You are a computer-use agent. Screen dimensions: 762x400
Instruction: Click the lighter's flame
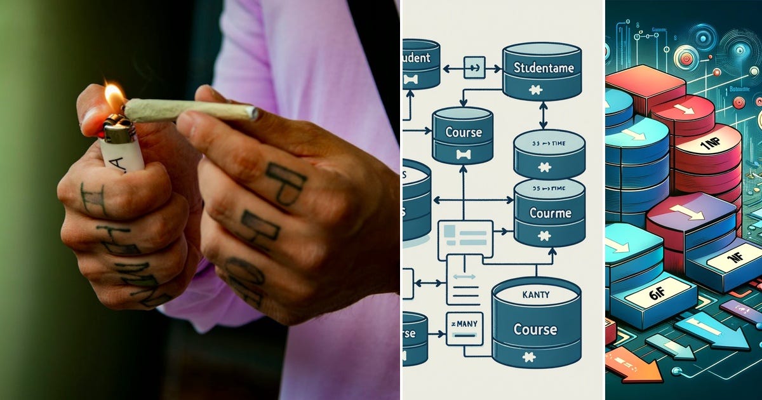[114, 97]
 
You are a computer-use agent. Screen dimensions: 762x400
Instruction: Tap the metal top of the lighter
[118, 128]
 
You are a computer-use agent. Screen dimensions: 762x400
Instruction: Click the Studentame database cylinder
[541, 70]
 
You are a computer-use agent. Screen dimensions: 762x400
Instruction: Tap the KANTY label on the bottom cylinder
[536, 295]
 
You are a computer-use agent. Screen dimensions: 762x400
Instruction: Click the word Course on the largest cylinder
[535, 330]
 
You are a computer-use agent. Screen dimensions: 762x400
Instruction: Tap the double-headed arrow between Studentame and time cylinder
[543, 115]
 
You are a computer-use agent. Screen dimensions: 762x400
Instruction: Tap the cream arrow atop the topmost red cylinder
[684, 110]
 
